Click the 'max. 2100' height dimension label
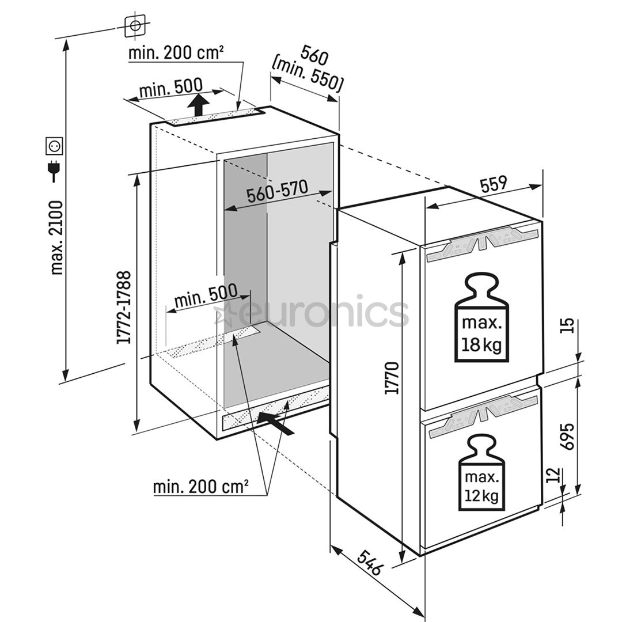(56, 237)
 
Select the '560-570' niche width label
(278, 192)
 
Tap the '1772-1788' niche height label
(124, 308)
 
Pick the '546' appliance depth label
(367, 563)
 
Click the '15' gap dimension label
(568, 326)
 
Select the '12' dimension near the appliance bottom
(553, 476)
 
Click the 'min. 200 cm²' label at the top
(176, 54)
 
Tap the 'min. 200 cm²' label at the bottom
(200, 487)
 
